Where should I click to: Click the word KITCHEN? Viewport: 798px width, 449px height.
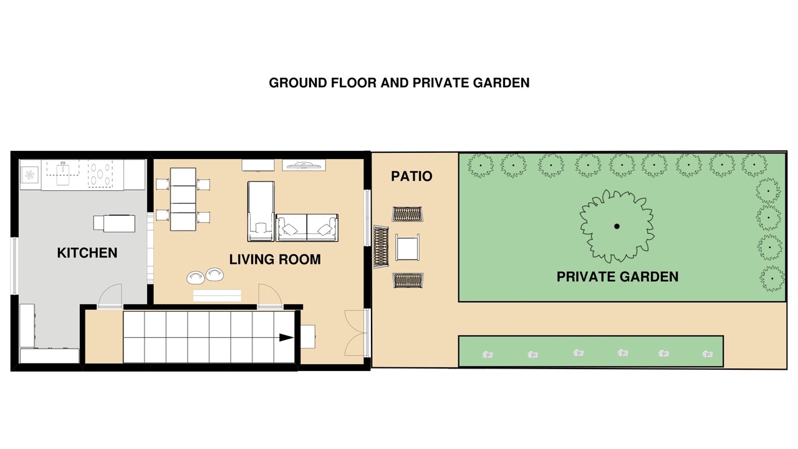point(87,253)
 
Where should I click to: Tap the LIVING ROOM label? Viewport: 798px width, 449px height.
point(275,259)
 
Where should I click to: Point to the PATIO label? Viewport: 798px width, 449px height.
point(411,176)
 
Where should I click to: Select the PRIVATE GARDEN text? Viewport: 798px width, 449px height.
point(617,277)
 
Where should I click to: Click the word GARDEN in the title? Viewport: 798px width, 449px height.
point(501,83)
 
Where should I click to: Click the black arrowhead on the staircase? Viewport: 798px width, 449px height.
point(286,337)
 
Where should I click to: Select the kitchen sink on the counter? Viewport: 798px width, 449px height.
point(63,173)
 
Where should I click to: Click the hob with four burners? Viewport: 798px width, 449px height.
point(100,174)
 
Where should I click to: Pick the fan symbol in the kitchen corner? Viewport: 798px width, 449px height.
point(30,175)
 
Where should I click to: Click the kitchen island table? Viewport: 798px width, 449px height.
point(114,223)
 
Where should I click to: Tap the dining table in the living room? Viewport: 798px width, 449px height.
point(183,200)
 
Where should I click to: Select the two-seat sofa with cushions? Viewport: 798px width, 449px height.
point(307,228)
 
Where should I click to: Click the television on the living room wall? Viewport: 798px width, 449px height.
point(304,165)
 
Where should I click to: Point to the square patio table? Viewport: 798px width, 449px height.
point(407,248)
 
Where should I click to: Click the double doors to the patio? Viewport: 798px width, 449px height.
point(356,333)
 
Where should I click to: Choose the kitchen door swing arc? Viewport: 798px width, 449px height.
point(110,295)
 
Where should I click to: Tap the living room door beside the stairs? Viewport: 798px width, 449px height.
point(270,295)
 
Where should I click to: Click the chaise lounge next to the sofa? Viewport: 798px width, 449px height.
point(261,211)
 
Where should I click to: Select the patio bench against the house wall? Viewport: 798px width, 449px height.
point(381,246)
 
